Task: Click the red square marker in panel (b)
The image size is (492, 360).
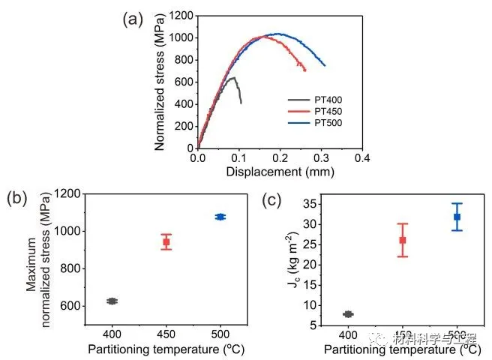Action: pyautogui.click(x=166, y=241)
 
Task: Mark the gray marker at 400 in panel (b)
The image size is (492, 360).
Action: pyautogui.click(x=112, y=301)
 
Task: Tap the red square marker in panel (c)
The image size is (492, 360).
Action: pyautogui.click(x=403, y=240)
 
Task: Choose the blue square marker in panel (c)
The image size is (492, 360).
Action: pyautogui.click(x=457, y=217)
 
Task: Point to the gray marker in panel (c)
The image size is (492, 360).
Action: pyautogui.click(x=348, y=314)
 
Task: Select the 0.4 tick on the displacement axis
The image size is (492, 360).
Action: pyautogui.click(x=363, y=159)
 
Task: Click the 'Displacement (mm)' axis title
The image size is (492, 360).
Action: pyautogui.click(x=279, y=171)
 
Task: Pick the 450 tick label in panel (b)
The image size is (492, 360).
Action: pyautogui.click(x=166, y=333)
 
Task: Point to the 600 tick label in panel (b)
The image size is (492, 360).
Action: pyautogui.click(x=73, y=306)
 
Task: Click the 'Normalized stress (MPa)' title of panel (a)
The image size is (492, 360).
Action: pyautogui.click(x=160, y=81)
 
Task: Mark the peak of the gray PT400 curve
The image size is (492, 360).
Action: pyautogui.click(x=232, y=77)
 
